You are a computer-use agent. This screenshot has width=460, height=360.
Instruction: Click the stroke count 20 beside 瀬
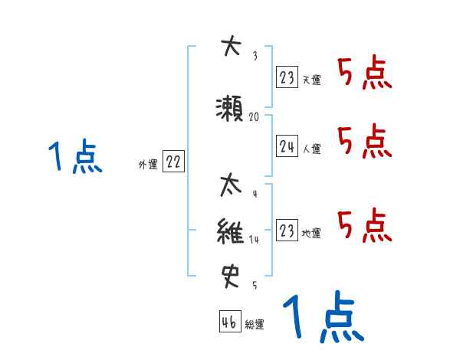pos(255,117)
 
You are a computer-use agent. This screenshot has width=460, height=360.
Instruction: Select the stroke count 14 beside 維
pos(255,239)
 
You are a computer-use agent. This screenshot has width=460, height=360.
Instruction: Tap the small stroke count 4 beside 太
pos(254,195)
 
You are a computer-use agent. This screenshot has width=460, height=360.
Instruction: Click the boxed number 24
pos(287,147)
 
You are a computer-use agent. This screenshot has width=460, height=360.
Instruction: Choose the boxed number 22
pos(173,162)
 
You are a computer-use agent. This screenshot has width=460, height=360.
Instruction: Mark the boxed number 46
pos(229,322)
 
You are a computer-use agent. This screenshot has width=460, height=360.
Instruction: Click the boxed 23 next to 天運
pos(287,78)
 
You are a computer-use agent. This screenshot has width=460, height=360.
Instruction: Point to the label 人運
pos(312,149)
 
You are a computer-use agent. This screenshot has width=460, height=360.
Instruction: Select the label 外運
pos(148,164)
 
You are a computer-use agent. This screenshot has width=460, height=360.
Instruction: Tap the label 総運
pos(255,324)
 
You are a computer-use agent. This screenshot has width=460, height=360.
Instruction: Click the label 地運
pos(312,234)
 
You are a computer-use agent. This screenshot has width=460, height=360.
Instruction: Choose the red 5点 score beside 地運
pos(364,226)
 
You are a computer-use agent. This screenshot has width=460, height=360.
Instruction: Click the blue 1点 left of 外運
pos(74,157)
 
